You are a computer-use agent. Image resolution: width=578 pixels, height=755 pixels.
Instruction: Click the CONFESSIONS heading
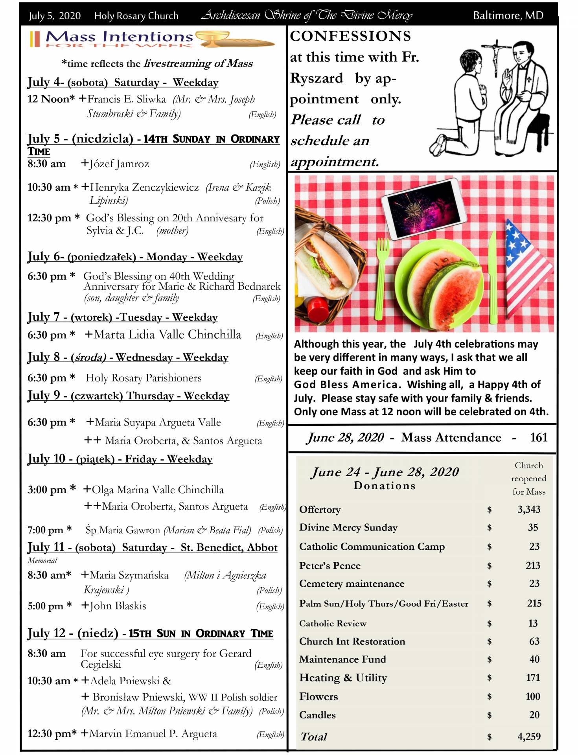click(x=350, y=36)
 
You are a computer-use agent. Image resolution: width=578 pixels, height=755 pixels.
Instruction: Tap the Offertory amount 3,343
click(x=528, y=510)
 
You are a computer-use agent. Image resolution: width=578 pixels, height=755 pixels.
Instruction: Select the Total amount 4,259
click(x=529, y=737)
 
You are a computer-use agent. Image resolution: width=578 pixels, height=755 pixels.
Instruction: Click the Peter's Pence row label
click(x=329, y=565)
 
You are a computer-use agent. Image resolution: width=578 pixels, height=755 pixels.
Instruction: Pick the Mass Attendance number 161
click(x=538, y=437)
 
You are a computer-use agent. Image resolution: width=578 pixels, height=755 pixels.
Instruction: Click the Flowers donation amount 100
click(x=532, y=696)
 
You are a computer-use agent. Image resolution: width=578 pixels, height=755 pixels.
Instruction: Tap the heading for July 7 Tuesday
click(x=122, y=317)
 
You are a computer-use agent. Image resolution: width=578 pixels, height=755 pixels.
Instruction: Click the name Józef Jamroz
click(x=119, y=164)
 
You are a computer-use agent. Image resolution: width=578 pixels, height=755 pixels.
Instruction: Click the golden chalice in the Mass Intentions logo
click(x=212, y=39)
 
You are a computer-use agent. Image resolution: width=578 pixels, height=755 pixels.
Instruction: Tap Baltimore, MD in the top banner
click(x=508, y=15)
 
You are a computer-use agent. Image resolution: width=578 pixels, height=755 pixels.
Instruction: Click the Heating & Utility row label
click(x=343, y=678)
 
